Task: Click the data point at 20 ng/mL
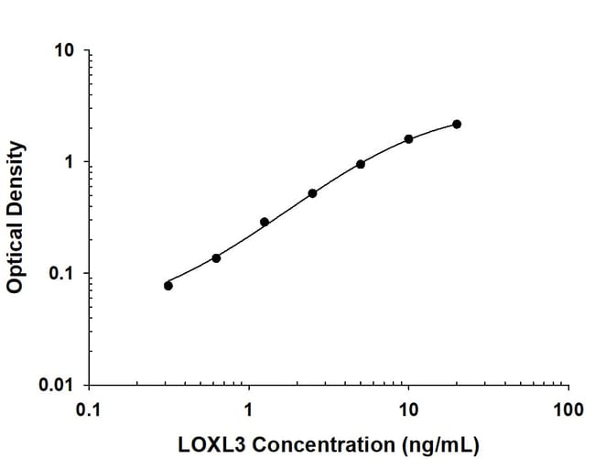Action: click(x=457, y=124)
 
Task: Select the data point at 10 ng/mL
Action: click(x=408, y=139)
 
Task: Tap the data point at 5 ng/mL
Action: click(x=361, y=164)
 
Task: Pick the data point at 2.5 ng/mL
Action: click(x=312, y=193)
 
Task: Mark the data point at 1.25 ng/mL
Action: click(x=265, y=222)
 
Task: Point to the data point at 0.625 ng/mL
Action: click(x=216, y=257)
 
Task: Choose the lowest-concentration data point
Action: click(x=168, y=286)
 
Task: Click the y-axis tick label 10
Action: click(x=65, y=50)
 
